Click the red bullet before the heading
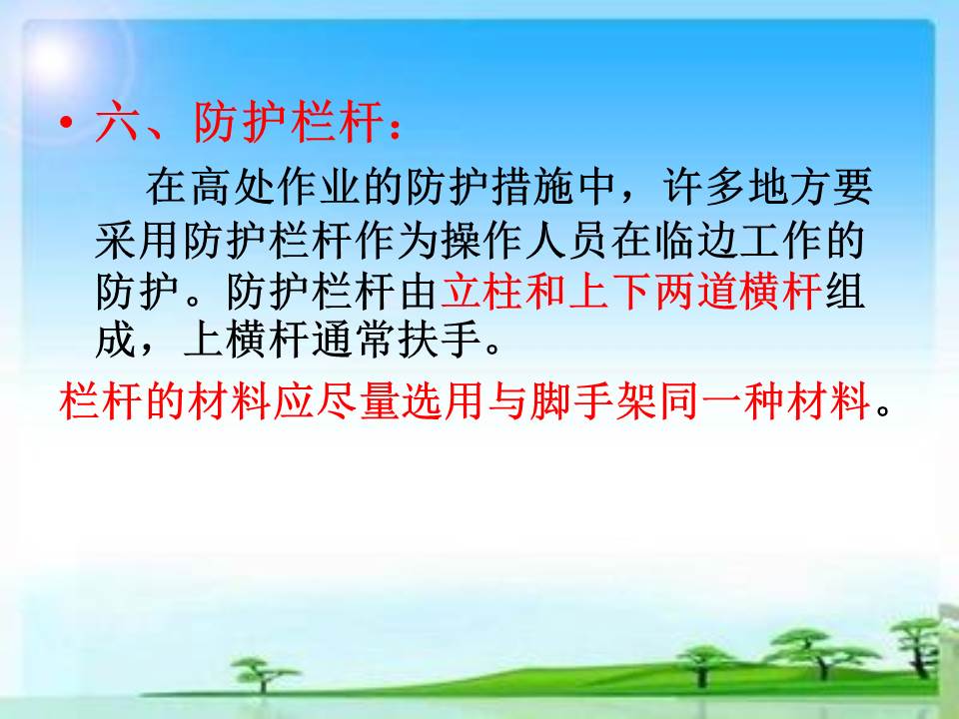point(66,124)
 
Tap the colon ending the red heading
point(396,127)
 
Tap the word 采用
point(138,241)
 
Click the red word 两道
point(696,291)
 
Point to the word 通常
point(354,340)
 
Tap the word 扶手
point(439,340)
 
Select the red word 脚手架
point(593,401)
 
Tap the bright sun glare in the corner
point(52,58)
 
